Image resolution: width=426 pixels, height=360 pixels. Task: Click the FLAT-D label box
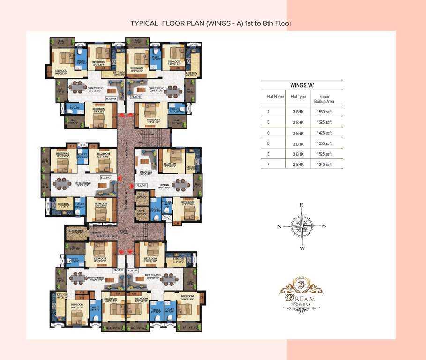coord(111,99)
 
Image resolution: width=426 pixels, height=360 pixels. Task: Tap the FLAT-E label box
coord(136,96)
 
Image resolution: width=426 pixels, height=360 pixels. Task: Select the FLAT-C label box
coord(106,178)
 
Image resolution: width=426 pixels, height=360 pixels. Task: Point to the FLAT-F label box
coord(142,186)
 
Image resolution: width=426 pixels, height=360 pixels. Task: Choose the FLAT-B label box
coord(118,270)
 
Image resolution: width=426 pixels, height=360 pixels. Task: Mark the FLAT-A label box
coord(133,270)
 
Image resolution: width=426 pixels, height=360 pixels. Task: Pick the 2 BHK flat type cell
coord(298,165)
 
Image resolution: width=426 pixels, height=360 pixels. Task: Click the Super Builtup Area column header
coord(324,99)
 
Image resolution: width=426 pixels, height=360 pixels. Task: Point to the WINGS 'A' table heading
coord(301,85)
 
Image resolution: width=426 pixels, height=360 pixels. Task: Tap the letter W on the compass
coord(302,248)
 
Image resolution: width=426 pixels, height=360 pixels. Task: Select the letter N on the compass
coord(279,226)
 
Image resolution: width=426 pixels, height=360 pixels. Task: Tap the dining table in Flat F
coord(180,184)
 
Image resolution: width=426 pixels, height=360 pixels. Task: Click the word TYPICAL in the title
coord(144,23)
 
